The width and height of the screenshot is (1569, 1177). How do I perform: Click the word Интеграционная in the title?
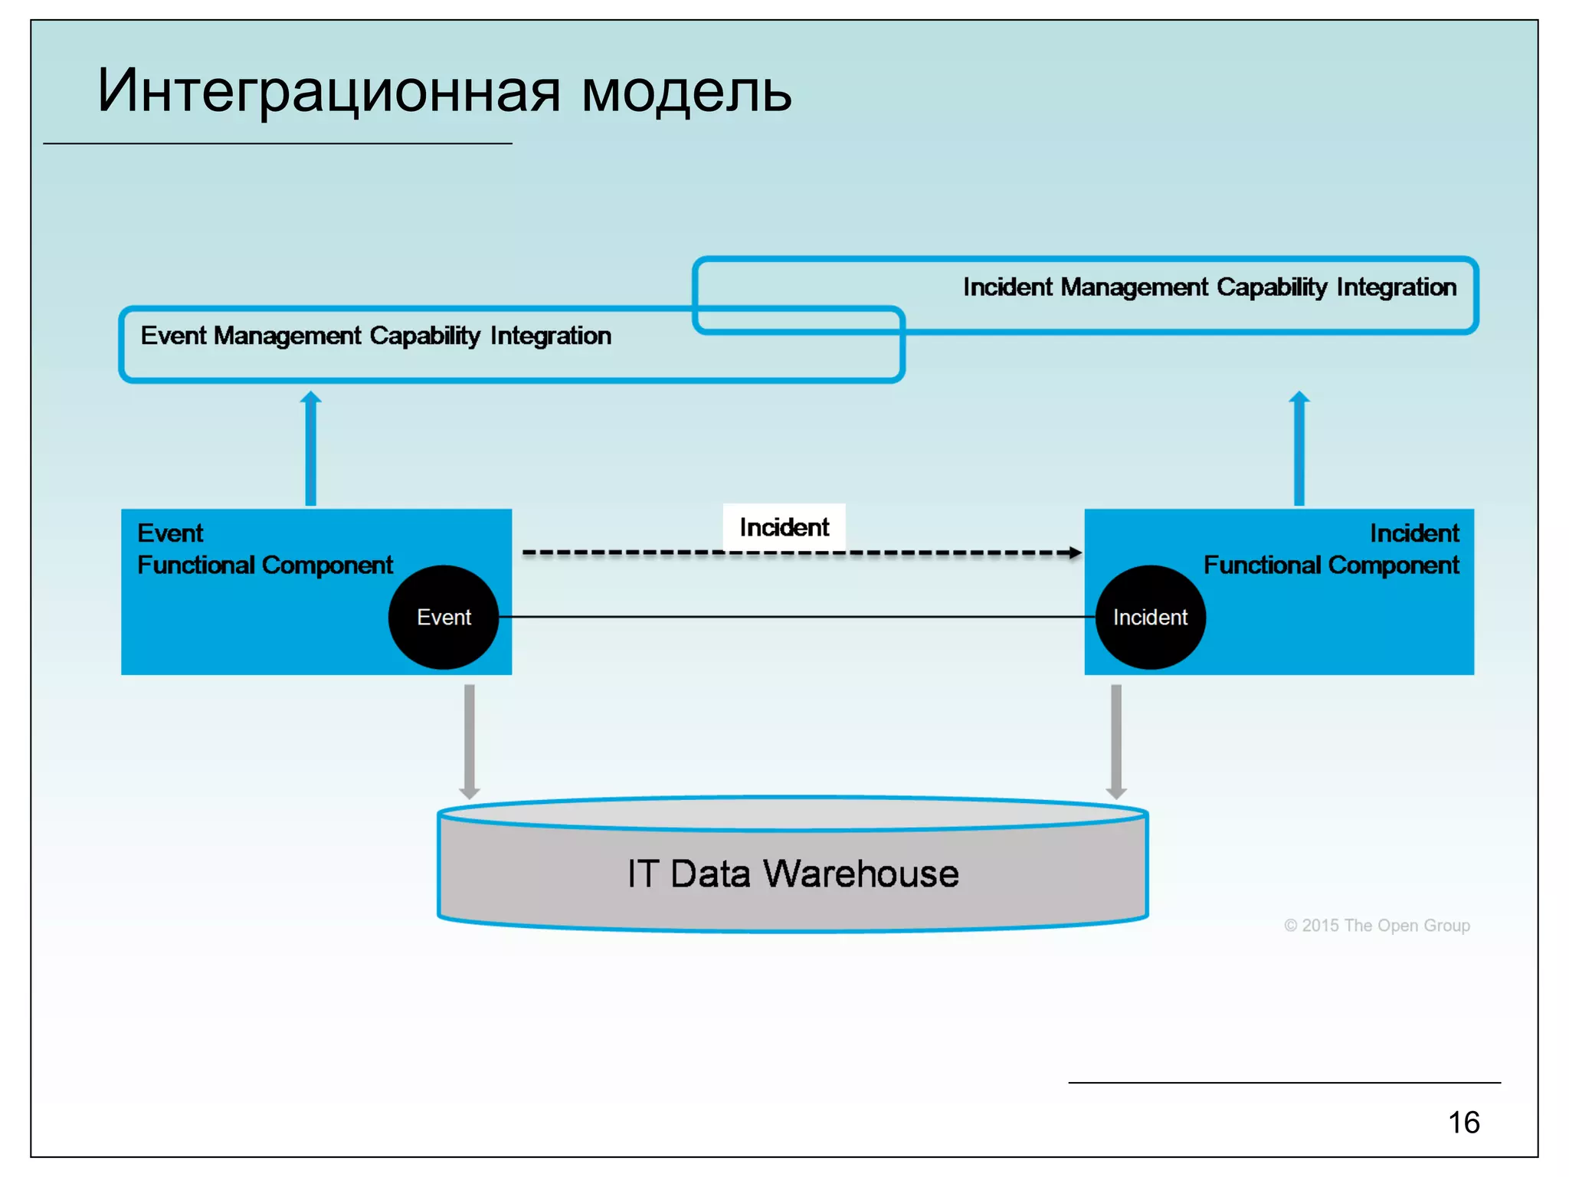(x=329, y=92)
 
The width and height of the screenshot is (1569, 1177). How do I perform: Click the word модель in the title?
(x=686, y=92)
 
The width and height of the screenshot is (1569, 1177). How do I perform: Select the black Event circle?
(x=444, y=618)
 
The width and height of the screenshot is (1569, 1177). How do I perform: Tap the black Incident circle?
(x=1150, y=618)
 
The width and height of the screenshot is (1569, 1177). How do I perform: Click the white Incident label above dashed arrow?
(x=784, y=527)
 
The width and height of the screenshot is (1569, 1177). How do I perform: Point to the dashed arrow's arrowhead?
(x=1076, y=552)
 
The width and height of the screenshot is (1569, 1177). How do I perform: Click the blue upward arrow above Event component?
(x=310, y=448)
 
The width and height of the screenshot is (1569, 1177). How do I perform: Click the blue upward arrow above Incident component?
(x=1299, y=448)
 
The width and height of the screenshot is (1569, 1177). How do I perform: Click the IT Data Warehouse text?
(x=793, y=874)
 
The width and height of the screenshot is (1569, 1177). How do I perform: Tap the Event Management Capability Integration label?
(x=375, y=336)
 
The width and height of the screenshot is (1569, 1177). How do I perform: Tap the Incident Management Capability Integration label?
(x=1209, y=287)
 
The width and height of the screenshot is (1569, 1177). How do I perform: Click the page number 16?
(x=1463, y=1123)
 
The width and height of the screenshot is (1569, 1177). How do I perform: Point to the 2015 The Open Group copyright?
(x=1377, y=926)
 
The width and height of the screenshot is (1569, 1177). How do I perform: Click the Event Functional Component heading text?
(x=264, y=549)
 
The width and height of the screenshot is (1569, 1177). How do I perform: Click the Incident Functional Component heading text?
(x=1332, y=549)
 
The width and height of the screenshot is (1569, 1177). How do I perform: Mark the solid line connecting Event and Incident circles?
(x=797, y=617)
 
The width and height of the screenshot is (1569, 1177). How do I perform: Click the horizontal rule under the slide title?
(x=277, y=143)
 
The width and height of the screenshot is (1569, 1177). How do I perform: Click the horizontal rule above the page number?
(x=1284, y=1083)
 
